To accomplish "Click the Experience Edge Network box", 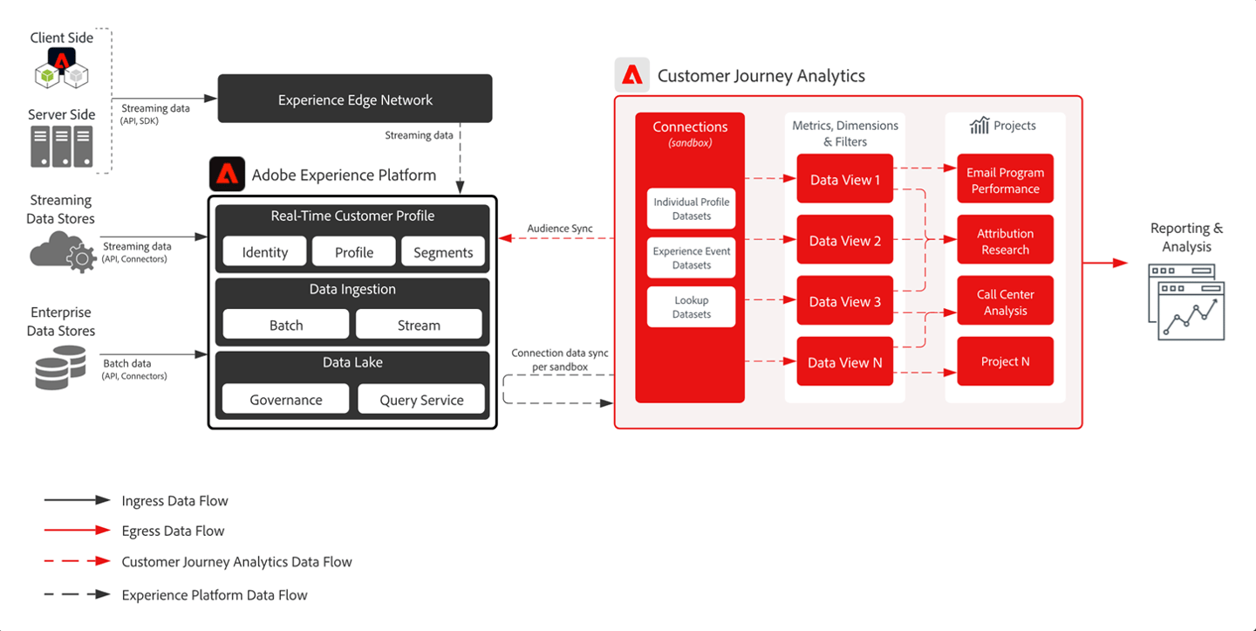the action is pos(355,99).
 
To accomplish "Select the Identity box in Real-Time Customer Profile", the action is pos(264,252).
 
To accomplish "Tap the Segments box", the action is pos(443,252).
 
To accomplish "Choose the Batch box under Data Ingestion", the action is pos(286,325).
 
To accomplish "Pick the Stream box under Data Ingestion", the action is pos(419,325).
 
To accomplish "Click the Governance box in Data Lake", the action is pos(286,399).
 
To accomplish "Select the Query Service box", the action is pos(421,399).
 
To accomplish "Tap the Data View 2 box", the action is pos(845,240).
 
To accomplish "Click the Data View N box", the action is pos(845,362).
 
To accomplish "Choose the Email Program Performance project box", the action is pos(1006,179).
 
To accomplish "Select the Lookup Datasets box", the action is pos(692,307).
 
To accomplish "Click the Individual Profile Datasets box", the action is pos(692,209).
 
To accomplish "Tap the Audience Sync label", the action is pos(560,229).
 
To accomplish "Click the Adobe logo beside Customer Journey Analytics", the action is pos(631,74).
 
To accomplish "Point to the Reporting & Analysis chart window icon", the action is pos(1186,302).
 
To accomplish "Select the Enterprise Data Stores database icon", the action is pos(60,367).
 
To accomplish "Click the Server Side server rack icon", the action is pos(62,147).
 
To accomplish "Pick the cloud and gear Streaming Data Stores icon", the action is pos(63,252).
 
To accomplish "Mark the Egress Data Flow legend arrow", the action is pos(78,530).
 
